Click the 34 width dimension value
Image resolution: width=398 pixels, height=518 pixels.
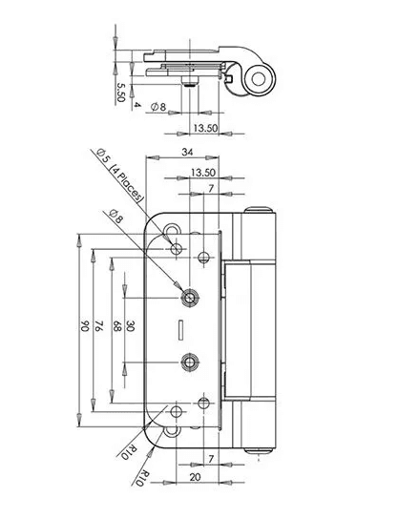pos(187,153)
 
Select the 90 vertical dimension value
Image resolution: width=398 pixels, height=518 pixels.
pos(85,325)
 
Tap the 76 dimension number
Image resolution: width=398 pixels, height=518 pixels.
pos(99,325)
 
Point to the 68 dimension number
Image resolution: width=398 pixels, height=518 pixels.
pos(117,325)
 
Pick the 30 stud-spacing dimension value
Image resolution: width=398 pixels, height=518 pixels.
pos(131,325)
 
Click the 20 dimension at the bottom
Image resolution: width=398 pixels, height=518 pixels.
pos(195,477)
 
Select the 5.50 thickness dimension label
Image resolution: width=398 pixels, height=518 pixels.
pos(120,92)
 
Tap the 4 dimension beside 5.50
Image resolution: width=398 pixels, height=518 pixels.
pos(137,105)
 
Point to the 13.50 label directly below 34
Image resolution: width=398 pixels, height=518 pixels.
pos(203,173)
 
